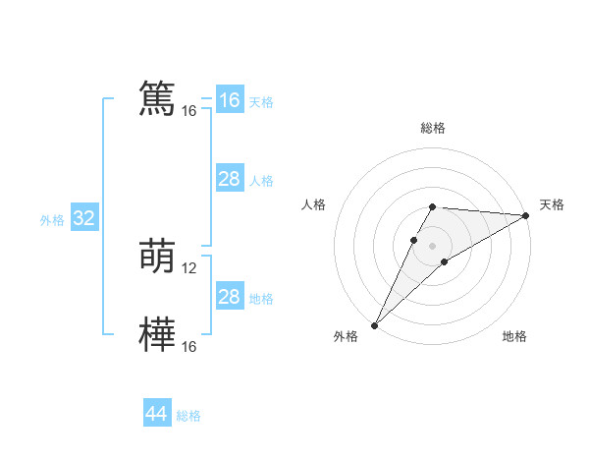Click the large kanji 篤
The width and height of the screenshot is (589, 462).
(x=157, y=98)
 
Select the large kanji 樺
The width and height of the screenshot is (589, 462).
(x=157, y=334)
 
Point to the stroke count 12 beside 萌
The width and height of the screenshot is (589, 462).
(x=189, y=268)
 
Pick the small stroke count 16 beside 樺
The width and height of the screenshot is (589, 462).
(x=189, y=346)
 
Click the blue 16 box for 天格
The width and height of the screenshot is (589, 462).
(x=230, y=100)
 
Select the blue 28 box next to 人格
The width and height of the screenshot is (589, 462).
(x=230, y=179)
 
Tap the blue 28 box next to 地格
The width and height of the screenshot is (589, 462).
(x=230, y=297)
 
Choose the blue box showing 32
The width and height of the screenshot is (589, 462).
(x=83, y=218)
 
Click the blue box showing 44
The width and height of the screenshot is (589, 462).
(x=157, y=414)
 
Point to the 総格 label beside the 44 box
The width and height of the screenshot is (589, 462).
(x=188, y=416)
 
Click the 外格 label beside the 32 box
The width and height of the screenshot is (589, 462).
(x=52, y=220)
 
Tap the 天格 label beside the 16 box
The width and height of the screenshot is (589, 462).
(x=261, y=102)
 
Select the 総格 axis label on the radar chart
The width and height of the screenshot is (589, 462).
(x=432, y=128)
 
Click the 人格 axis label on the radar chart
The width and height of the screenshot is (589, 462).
(x=313, y=204)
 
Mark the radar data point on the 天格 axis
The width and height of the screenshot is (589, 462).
(x=526, y=215)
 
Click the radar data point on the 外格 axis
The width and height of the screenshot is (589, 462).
(x=374, y=324)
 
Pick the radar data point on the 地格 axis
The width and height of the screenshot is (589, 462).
(x=445, y=261)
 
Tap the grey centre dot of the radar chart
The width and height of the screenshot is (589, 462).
(x=432, y=244)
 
